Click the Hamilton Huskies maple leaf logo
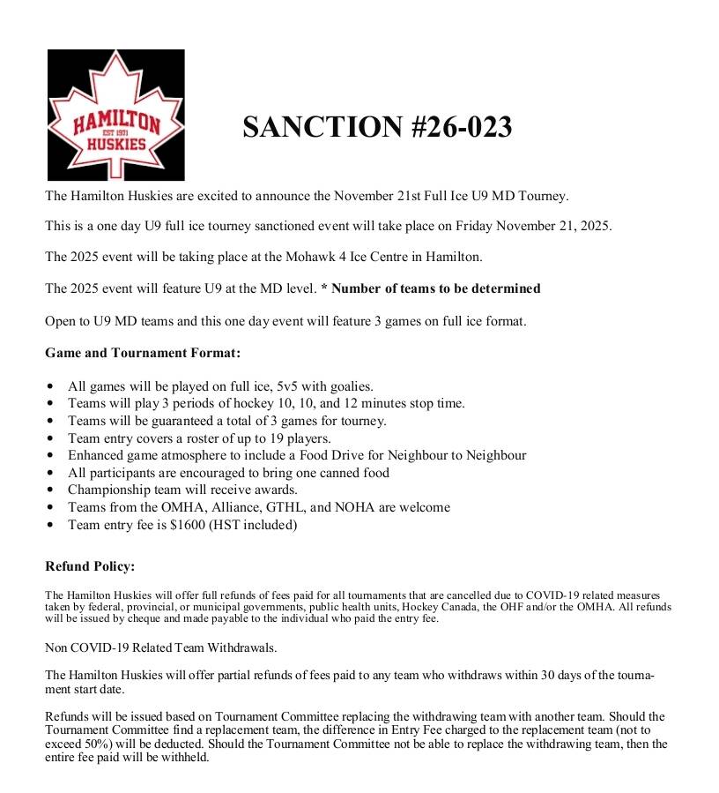point(115,116)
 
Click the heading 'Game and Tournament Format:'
point(143,353)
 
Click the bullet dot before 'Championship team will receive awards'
point(50,490)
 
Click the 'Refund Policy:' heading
point(90,566)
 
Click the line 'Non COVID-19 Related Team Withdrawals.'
point(161,647)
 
